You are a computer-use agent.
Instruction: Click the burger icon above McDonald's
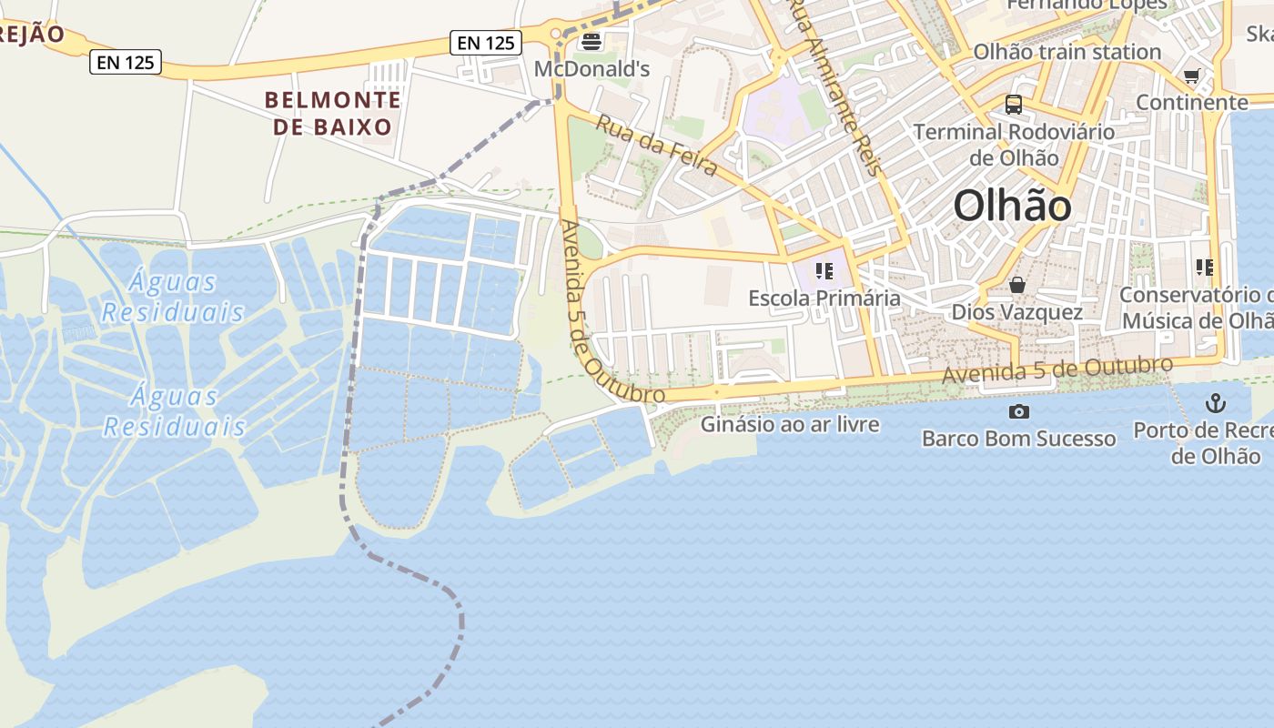click(591, 41)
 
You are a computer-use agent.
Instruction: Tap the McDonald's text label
click(591, 69)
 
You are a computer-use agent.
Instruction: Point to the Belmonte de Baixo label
click(332, 113)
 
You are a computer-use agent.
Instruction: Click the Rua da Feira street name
click(656, 145)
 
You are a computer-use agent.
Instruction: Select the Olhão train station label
click(1067, 52)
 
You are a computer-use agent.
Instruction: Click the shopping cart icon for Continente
click(1191, 76)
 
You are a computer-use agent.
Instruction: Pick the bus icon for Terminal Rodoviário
click(1014, 105)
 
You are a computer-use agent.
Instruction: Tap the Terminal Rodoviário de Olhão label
click(1014, 145)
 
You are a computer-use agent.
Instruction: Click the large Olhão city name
click(1012, 207)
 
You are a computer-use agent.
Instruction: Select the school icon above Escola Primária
click(824, 270)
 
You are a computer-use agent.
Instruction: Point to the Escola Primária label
click(824, 298)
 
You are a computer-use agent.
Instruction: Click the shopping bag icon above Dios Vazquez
click(1017, 286)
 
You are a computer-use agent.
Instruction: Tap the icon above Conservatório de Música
click(1204, 268)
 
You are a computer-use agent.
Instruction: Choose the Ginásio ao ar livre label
click(790, 424)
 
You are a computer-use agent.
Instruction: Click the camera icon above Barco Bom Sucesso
click(1019, 411)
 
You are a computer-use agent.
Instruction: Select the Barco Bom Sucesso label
click(1018, 439)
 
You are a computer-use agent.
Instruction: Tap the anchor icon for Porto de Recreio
click(1215, 402)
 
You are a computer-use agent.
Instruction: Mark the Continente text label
click(1191, 103)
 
